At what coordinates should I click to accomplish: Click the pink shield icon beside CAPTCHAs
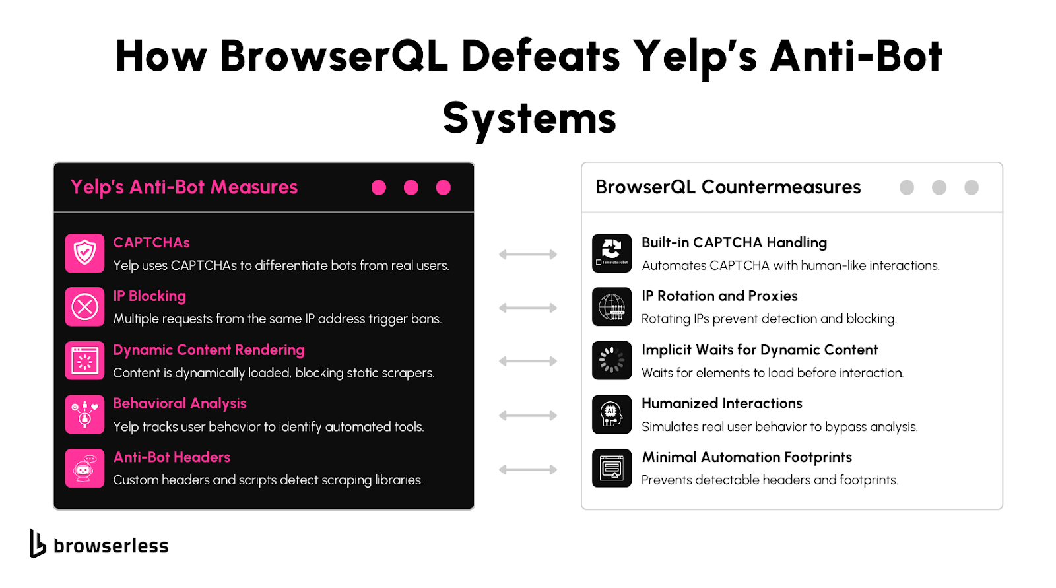pos(85,253)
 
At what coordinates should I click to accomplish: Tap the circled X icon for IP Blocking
pos(85,307)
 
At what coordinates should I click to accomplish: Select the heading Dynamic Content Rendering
pos(209,350)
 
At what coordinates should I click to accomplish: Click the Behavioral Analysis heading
pos(180,403)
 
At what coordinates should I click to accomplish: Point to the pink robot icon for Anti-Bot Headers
pos(85,469)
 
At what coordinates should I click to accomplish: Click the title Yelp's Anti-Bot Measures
pos(184,187)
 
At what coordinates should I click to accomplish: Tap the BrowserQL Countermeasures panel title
pos(729,187)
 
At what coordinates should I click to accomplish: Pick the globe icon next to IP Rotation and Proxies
pos(612,307)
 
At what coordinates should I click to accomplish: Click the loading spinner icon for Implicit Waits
pos(612,361)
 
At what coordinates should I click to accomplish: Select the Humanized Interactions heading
pos(722,403)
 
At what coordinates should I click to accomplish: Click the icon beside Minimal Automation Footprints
pos(612,469)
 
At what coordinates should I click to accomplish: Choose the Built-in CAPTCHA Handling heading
pos(734,242)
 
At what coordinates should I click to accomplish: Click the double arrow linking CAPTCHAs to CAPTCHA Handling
pos(528,255)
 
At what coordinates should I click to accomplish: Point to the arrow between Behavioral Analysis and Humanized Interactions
pos(528,415)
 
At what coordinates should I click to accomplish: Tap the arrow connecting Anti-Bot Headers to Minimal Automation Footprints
pos(528,469)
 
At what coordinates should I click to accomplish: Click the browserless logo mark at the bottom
pos(38,544)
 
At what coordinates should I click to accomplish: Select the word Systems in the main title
pos(529,119)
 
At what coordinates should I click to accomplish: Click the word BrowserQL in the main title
pos(334,56)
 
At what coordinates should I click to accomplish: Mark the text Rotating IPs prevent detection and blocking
pos(769,319)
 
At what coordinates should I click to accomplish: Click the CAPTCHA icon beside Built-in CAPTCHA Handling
pos(612,253)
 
